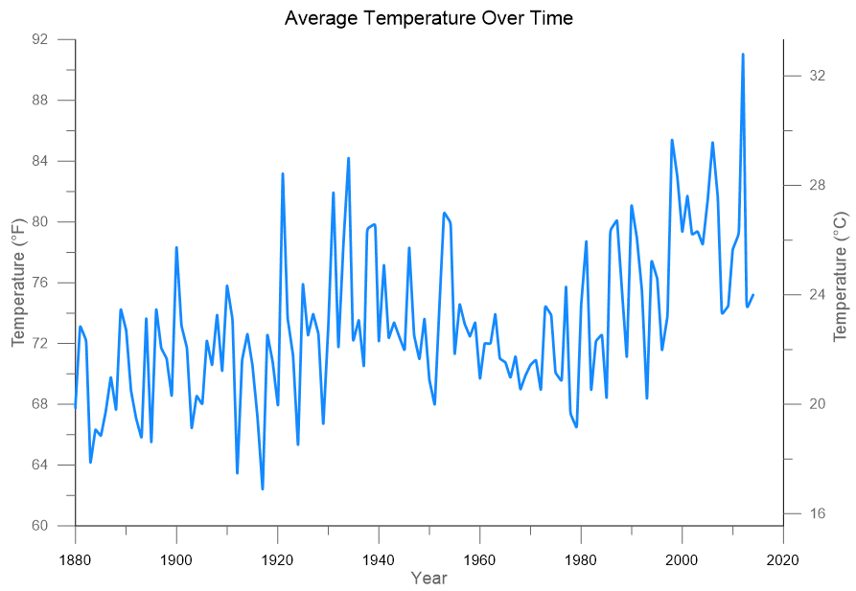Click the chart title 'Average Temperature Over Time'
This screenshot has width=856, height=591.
(x=428, y=18)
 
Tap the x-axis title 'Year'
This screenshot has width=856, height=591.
(x=428, y=578)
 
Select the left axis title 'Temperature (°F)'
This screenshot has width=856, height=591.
(x=18, y=282)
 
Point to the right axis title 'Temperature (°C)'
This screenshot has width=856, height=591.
(x=841, y=276)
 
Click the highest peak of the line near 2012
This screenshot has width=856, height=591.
(x=743, y=55)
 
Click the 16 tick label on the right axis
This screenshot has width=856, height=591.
(x=818, y=513)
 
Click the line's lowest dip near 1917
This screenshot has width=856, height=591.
(x=263, y=489)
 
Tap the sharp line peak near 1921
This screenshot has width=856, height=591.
(x=283, y=173)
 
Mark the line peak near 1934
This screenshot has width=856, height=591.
(x=349, y=158)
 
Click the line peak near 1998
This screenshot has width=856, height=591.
(x=672, y=141)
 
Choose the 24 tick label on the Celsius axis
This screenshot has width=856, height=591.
(x=818, y=294)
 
